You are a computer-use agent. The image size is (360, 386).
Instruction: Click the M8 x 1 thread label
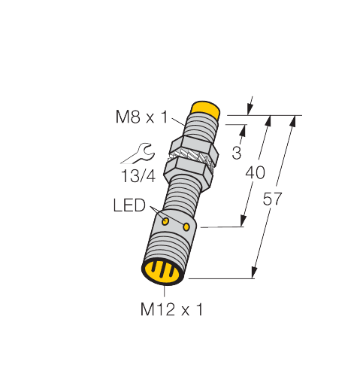[141, 117]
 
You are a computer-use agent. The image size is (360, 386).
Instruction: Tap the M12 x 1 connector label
[171, 309]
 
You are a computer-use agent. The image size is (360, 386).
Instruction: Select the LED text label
[129, 205]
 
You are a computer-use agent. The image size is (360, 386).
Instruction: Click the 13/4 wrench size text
[138, 176]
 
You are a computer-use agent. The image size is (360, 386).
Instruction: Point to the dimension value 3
[237, 153]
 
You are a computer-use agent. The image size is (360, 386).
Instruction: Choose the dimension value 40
[255, 173]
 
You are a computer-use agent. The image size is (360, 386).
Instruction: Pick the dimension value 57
[272, 199]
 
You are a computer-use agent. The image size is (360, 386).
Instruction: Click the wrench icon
[138, 153]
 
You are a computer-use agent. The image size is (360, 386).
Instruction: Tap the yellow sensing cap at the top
[205, 109]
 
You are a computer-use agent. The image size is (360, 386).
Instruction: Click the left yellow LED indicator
[165, 221]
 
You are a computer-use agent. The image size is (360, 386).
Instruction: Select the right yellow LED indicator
[186, 227]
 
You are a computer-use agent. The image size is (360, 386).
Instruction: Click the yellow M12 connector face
[162, 272]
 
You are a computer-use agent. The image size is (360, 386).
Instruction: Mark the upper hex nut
[195, 146]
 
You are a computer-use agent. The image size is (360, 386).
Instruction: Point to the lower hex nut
[188, 174]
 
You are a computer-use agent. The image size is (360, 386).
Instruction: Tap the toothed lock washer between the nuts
[192, 157]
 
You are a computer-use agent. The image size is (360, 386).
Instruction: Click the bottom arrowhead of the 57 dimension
[255, 272]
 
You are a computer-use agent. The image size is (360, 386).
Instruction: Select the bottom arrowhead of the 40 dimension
[243, 220]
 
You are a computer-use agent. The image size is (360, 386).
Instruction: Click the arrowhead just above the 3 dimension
[243, 130]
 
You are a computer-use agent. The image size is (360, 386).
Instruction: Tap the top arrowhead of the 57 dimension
[293, 121]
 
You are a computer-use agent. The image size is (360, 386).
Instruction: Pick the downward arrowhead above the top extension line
[250, 109]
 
